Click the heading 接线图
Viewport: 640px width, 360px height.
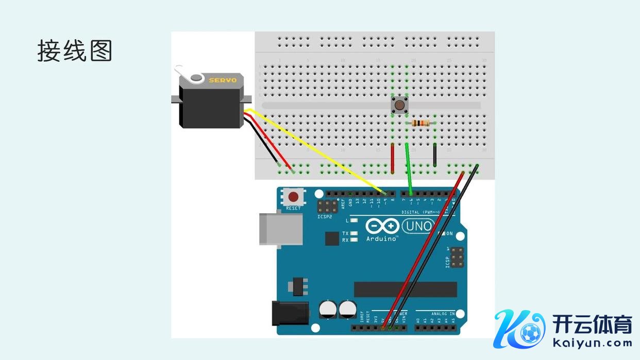(75, 51)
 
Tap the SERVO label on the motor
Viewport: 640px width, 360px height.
(223, 80)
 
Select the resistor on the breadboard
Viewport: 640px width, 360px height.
(422, 123)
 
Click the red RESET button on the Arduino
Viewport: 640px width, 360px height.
(294, 197)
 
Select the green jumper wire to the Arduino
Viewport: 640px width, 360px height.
(409, 170)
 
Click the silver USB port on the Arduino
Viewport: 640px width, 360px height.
(281, 228)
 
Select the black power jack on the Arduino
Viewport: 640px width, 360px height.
(290, 313)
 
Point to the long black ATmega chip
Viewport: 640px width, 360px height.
(405, 289)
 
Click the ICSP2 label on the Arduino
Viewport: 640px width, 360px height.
(325, 217)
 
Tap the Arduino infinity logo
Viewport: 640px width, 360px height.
(382, 227)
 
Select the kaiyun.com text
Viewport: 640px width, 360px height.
(592, 342)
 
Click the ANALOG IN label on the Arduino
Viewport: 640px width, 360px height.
(442, 313)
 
